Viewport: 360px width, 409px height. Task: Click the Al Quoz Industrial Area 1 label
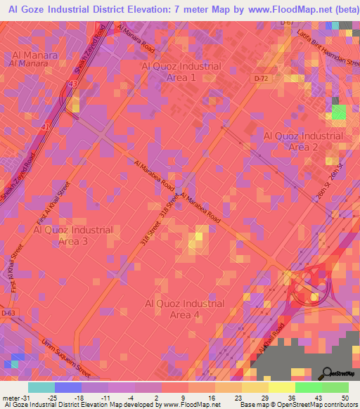[x=181, y=72]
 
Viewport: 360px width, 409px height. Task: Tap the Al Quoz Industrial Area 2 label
[x=303, y=141]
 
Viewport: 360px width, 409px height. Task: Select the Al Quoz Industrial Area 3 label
[x=73, y=235]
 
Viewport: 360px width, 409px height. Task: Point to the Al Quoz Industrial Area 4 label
[x=184, y=309]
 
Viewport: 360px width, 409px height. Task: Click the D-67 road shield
[x=286, y=22]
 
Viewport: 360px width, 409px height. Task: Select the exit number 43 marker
[x=73, y=85]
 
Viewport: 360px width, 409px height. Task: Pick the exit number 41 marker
[x=46, y=126]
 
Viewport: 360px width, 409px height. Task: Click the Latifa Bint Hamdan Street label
[x=323, y=48]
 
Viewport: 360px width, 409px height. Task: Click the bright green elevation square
[x=339, y=113]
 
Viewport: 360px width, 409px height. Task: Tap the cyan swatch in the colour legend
[x=41, y=387]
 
